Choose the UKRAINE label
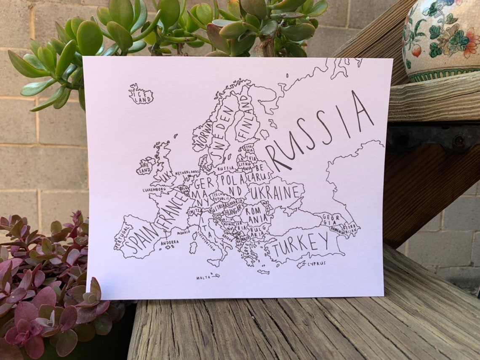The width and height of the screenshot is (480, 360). [275, 193]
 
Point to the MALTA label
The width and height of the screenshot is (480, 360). [203, 278]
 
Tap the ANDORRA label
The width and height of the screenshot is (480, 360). [169, 242]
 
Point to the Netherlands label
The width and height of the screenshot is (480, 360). [187, 173]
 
